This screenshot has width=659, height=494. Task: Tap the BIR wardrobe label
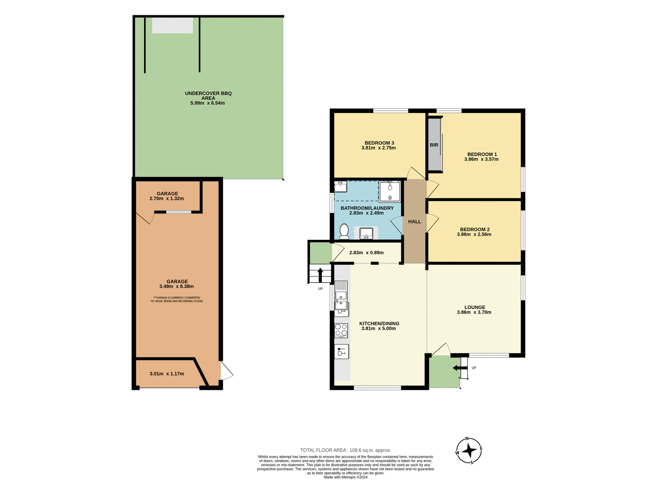434,145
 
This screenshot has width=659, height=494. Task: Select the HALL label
414,222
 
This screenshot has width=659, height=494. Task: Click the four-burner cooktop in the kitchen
341,330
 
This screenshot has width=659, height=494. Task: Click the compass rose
469,451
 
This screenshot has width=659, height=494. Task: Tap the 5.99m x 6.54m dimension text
208,103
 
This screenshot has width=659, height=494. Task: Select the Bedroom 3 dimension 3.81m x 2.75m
378,148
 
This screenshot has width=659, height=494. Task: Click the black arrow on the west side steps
320,274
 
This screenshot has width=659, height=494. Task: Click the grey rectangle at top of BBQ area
172,26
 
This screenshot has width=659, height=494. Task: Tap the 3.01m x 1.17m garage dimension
167,374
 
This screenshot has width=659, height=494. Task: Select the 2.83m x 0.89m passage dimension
366,253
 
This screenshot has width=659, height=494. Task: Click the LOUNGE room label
475,307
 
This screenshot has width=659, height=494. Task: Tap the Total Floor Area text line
345,450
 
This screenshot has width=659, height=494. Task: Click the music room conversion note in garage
176,299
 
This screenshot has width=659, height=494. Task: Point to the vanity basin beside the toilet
366,233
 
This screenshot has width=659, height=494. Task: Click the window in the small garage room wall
178,212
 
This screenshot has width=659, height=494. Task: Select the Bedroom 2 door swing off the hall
432,223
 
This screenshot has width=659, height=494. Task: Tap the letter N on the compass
467,439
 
